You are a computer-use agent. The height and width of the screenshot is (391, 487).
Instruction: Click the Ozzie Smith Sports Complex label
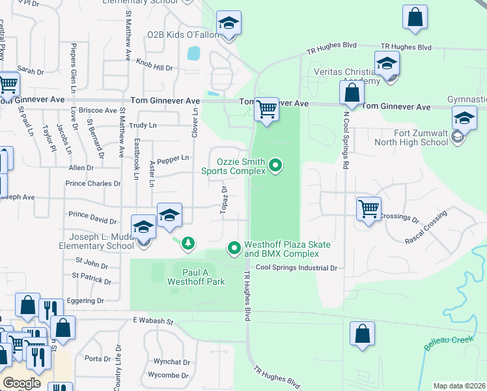233,166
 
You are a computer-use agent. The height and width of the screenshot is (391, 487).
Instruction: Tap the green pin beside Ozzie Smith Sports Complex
275,166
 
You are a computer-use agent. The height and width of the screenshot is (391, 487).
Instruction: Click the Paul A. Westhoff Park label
196,277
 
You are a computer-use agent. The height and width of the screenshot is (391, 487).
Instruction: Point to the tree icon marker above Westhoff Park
188,243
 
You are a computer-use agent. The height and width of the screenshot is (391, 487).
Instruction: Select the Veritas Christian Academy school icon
387,64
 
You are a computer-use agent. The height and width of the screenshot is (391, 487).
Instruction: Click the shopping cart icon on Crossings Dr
369,209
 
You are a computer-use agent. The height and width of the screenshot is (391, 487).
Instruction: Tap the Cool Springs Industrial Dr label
296,268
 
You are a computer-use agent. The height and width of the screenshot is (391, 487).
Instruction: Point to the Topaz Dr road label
223,200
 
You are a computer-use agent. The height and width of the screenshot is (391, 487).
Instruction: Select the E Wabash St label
154,321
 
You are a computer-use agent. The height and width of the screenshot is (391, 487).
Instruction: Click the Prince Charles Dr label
93,184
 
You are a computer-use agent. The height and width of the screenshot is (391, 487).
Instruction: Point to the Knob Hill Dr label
154,65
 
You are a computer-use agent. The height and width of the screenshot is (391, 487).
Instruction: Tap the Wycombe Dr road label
169,375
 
